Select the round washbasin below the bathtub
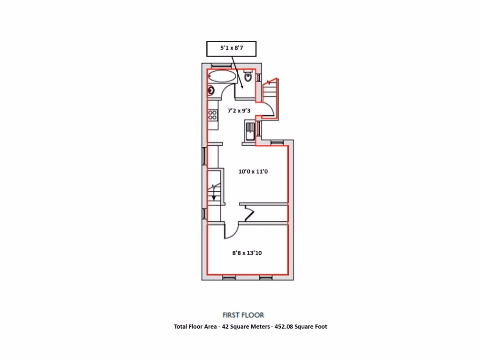point(211,90)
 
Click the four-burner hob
point(212,114)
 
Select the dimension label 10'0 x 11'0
point(253,172)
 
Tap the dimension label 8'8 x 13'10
point(247,253)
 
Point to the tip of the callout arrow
point(241,88)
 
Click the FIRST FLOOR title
point(243,315)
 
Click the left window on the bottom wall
point(229,277)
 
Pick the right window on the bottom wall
point(266,277)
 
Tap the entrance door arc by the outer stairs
point(267,110)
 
